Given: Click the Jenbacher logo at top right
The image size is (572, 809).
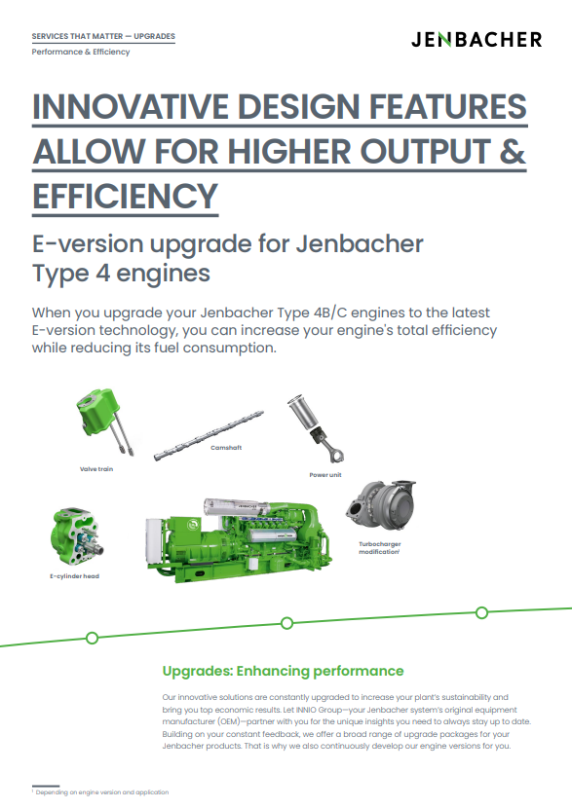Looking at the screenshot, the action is pos(477,40).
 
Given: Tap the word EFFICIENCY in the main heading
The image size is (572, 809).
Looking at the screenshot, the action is pos(126,197).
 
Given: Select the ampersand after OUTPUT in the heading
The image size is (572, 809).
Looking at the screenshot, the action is pos(513,152).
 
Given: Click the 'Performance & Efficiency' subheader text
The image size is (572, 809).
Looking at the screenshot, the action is pos(81,52).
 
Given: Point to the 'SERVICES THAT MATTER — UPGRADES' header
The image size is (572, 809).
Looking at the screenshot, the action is pos(103,36).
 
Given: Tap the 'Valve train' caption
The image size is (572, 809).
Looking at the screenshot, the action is pos(96,469).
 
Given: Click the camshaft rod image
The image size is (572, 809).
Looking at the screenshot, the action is pos(209,435).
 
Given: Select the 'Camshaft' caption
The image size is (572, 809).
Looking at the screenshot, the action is pos(226,448).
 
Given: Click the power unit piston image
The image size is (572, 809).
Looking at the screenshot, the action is pos(316,428).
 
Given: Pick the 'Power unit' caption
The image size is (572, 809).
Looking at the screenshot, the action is pos(325,475).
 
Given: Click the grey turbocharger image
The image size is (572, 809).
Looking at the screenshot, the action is pos(381,505).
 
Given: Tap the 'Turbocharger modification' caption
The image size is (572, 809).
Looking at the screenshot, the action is pos(380,548).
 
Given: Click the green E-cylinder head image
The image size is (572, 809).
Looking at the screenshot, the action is pos(77,536).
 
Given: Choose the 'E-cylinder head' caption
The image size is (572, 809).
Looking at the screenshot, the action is pos(74,576).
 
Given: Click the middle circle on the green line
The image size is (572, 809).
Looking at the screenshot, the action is pos(287,623).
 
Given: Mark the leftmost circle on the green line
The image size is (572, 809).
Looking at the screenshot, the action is pos(92,639).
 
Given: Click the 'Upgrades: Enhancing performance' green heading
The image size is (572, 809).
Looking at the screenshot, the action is pos(283,671).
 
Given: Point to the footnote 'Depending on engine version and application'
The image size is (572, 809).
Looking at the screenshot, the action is pos(101,792).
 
